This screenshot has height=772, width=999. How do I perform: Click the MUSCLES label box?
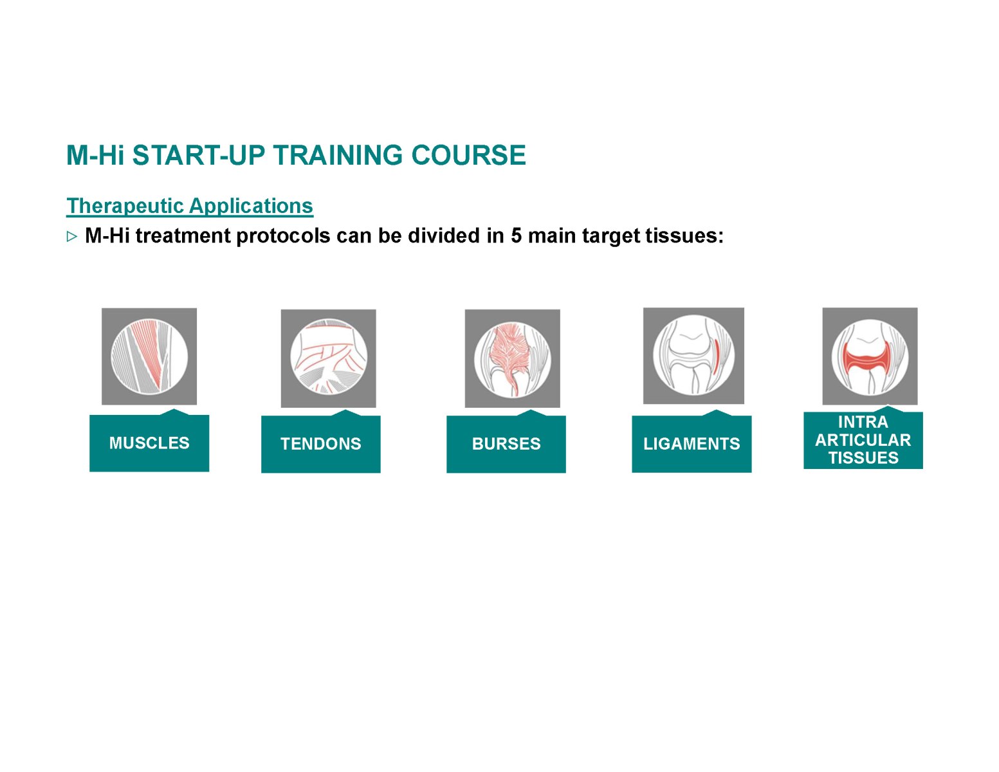tap(149, 443)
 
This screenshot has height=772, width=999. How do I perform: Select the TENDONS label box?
tap(320, 444)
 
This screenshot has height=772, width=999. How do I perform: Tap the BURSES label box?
tap(506, 444)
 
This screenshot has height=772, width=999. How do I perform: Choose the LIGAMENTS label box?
tap(692, 444)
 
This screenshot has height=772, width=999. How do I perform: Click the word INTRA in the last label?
tap(863, 421)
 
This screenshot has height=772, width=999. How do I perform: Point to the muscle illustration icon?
tap(149, 356)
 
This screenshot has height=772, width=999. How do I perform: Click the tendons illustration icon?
tap(328, 358)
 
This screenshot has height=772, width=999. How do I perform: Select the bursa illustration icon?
tap(512, 358)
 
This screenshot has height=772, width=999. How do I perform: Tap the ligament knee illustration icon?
tap(693, 355)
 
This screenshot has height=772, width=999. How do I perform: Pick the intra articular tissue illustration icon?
tap(870, 356)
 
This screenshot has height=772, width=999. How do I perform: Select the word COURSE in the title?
tap(468, 155)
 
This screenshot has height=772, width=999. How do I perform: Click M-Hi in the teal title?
tap(95, 155)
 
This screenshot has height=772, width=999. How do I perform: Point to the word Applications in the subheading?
tap(251, 206)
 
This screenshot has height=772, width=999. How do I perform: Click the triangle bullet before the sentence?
tap(71, 237)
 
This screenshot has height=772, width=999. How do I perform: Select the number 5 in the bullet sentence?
tap(517, 235)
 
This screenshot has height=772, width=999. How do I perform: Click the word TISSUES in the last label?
tap(863, 458)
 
